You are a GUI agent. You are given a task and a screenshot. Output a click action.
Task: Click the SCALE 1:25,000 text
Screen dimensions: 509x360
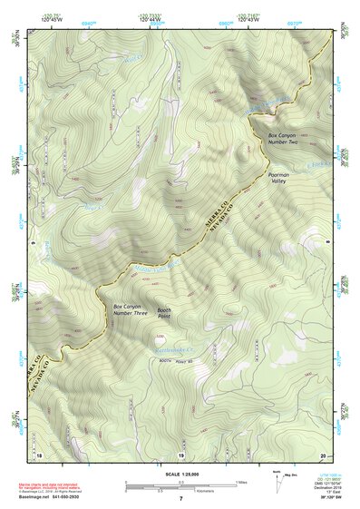[180, 473]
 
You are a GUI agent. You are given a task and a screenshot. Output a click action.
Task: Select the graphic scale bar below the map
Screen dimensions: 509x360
[180, 485]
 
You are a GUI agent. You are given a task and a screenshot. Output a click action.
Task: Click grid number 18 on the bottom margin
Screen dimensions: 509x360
[39, 454]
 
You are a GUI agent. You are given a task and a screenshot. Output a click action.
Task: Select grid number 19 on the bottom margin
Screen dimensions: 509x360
[180, 454]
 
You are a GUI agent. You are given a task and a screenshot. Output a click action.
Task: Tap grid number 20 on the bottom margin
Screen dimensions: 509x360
[322, 454]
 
